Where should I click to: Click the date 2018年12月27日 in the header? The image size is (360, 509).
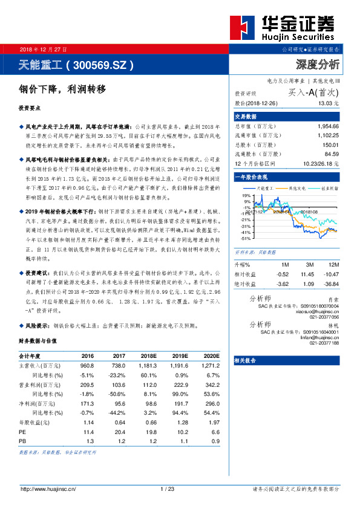(44, 48)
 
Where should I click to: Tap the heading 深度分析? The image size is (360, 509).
(317, 64)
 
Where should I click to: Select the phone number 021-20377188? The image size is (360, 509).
(324, 343)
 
